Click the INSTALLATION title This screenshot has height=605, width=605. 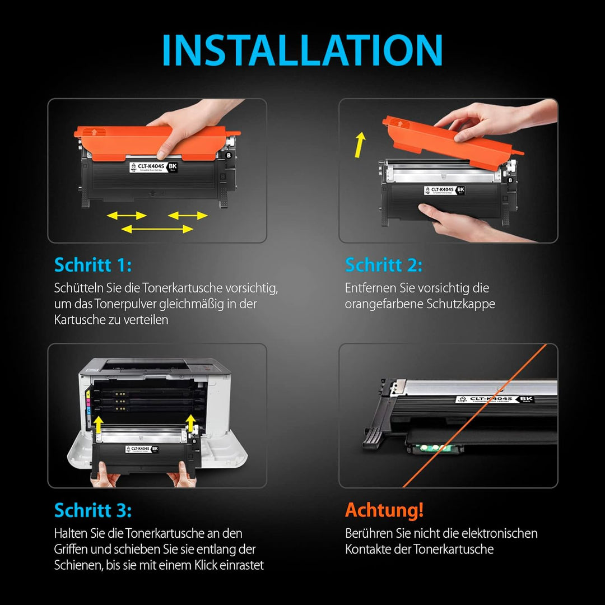302,50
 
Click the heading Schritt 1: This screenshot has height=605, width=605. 92,265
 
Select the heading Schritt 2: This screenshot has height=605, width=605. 384,265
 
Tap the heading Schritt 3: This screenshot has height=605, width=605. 93,510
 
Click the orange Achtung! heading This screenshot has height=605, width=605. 384,510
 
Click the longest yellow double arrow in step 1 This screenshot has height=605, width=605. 157,229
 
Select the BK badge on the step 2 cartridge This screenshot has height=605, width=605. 461,190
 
